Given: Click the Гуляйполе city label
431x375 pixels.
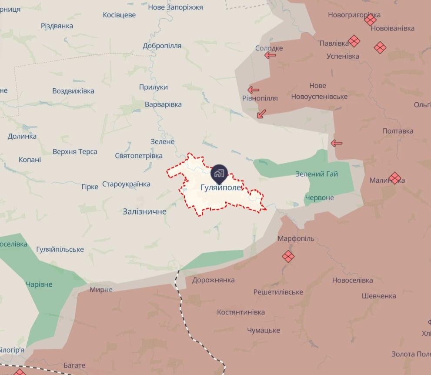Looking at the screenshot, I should click(x=221, y=188).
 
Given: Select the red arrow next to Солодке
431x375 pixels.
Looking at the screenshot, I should click(x=270, y=55).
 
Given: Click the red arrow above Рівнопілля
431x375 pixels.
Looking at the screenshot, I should click(x=253, y=90).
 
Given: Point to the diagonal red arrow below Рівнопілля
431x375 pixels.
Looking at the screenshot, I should click(x=261, y=114).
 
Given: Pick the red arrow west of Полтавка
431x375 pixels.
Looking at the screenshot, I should click(x=336, y=143).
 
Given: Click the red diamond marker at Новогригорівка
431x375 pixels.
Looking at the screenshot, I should click(x=371, y=20).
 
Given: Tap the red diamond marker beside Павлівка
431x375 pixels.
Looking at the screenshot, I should click(x=354, y=41).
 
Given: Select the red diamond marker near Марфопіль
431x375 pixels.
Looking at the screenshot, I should click(x=288, y=257).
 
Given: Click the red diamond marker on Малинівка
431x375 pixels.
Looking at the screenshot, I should click(x=395, y=178).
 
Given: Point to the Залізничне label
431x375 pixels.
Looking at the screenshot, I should click(x=144, y=211).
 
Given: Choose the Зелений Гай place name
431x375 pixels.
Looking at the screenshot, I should click(x=317, y=174).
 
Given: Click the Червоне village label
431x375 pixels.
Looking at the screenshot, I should click(x=320, y=198).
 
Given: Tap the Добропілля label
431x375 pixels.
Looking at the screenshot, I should click(x=162, y=46).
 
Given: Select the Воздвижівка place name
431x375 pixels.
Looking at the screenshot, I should click(x=73, y=91).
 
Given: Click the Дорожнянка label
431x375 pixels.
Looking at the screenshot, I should click(x=213, y=280).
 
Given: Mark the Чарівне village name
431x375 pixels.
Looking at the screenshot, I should click(x=39, y=285).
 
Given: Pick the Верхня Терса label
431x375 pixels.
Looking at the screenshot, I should click(x=75, y=152).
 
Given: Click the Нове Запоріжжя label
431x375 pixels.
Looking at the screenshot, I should click(x=175, y=7).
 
